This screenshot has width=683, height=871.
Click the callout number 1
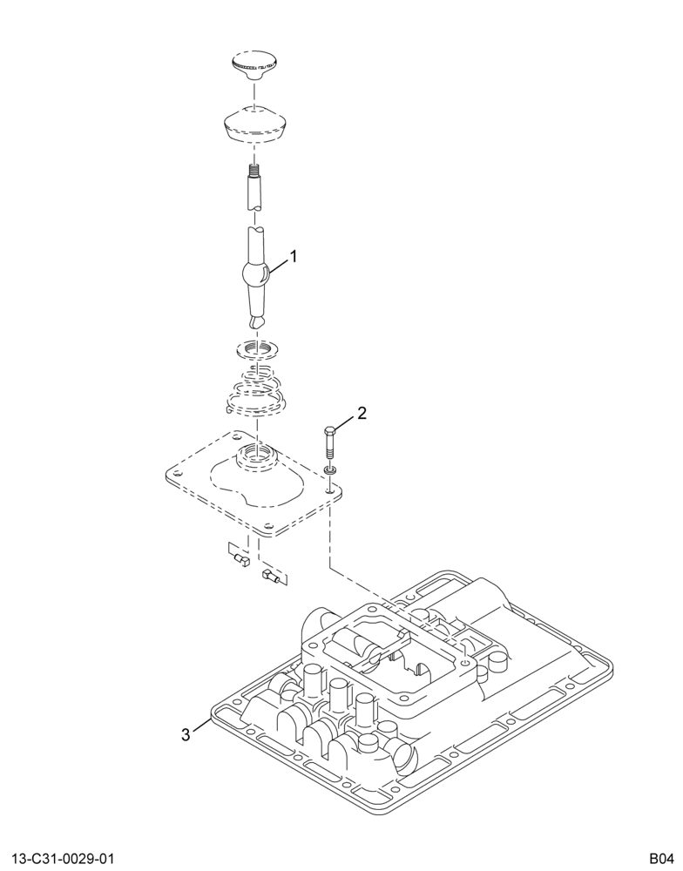click(293, 256)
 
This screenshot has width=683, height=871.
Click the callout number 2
click(362, 413)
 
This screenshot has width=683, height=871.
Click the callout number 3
click(186, 733)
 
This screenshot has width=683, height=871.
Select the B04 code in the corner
click(662, 859)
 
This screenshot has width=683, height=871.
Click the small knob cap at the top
click(254, 64)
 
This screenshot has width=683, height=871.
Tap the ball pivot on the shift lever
click(255, 273)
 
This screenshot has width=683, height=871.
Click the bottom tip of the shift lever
click(256, 321)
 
